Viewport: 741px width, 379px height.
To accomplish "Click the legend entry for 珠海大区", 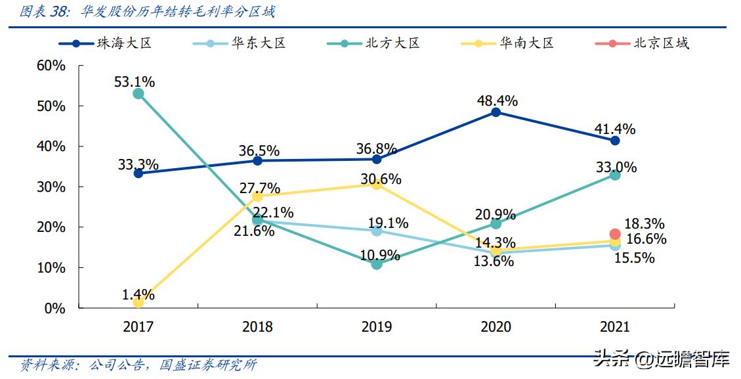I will pyautogui.click(x=105, y=43).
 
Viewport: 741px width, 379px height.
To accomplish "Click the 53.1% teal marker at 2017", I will pyautogui.click(x=138, y=94).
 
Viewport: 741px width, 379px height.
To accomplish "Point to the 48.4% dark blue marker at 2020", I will pyautogui.click(x=496, y=112).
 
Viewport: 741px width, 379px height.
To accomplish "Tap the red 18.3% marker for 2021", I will pyautogui.click(x=615, y=234).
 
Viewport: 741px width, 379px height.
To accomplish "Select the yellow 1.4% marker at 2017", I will pyautogui.click(x=138, y=302).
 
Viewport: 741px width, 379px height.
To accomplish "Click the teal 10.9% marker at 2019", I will pyautogui.click(x=377, y=264).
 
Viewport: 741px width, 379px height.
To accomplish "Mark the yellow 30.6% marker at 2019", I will pyautogui.click(x=377, y=184).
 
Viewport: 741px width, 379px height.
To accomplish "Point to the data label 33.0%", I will pyautogui.click(x=616, y=167).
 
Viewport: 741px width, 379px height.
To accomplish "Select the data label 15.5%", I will pyautogui.click(x=634, y=258).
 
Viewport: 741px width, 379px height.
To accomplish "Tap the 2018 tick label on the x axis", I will pyautogui.click(x=257, y=327).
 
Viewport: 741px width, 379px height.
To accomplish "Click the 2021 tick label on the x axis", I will pyautogui.click(x=615, y=327).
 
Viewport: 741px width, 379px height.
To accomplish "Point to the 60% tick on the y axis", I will pyautogui.click(x=51, y=66).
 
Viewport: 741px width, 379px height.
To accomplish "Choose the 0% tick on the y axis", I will pyautogui.click(x=55, y=308).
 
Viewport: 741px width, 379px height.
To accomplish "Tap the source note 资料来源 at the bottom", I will pyautogui.click(x=138, y=365).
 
